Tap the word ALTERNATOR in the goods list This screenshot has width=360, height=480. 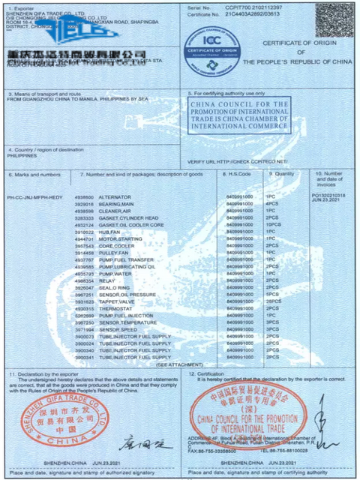pyautogui.click(x=103, y=197)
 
